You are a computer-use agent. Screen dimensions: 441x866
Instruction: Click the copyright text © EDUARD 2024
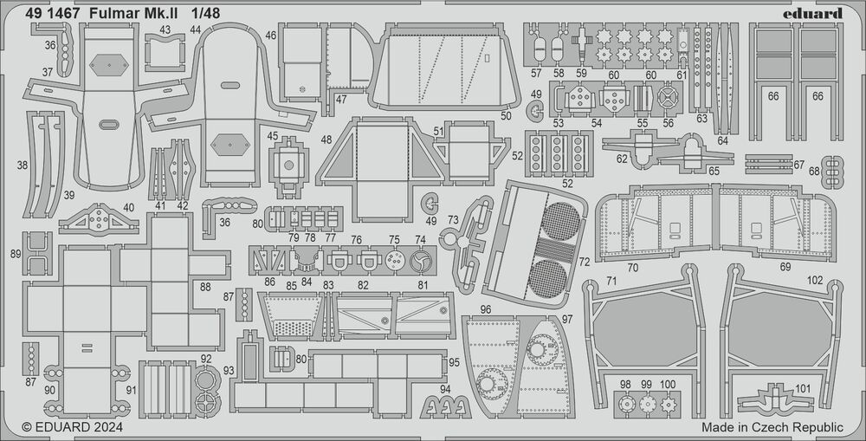coord(72,427)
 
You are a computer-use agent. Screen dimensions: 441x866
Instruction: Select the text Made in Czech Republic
coord(772,427)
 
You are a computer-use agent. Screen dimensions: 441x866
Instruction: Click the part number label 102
coord(815,281)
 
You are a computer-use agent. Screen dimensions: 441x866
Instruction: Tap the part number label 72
coord(585,261)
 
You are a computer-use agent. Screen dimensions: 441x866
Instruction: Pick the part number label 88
coord(205,287)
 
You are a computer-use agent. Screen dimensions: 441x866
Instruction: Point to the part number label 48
coord(326,139)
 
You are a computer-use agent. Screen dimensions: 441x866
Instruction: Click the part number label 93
coord(229,370)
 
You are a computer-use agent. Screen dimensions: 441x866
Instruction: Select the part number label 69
coord(785,267)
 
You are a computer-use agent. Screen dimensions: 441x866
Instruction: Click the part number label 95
coord(454,361)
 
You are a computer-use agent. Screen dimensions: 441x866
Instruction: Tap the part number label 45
coord(273,136)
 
